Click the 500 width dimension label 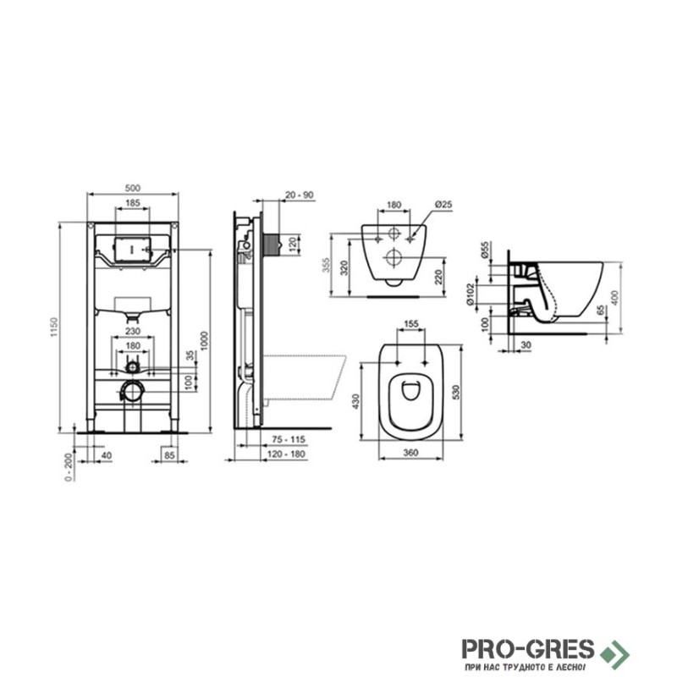[x=133, y=188]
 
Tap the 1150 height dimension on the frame [x=54, y=327]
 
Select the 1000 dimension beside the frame [x=204, y=341]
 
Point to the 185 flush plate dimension [x=133, y=202]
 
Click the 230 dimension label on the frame [x=133, y=331]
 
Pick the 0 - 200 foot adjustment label [x=69, y=467]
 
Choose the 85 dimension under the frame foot [x=170, y=454]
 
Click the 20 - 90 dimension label [x=300, y=195]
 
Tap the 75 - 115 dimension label [x=289, y=439]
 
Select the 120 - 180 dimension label [x=286, y=454]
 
